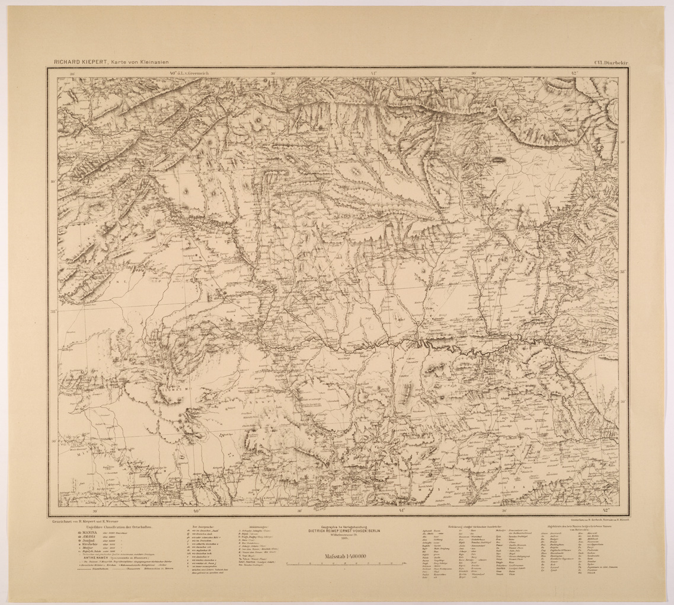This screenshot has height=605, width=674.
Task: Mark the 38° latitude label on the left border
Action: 53,310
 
